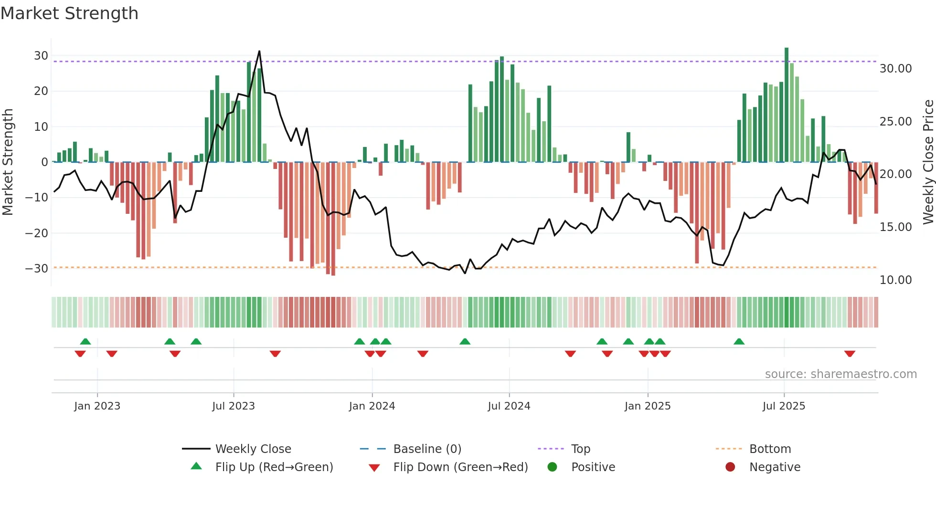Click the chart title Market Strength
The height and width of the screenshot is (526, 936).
coord(69,13)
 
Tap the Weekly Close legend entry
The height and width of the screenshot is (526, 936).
coord(253,449)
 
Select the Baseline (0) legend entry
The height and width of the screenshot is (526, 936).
coord(427,449)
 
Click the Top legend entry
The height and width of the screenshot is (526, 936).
coord(580,449)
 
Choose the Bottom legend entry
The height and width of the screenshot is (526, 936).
coord(770,449)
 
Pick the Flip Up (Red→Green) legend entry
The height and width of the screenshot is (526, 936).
coord(274,467)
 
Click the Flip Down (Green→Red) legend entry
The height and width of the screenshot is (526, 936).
coord(460,467)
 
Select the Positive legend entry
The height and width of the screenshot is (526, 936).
coord(593,467)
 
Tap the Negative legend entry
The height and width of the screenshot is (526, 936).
coord(775,467)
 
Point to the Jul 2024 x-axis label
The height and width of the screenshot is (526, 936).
coord(509,406)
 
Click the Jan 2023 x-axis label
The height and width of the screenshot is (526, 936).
coord(97,406)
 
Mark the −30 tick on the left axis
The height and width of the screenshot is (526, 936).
coord(37,269)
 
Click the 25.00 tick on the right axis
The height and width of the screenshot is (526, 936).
coord(895,122)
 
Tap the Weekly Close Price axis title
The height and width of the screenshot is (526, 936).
coord(928,162)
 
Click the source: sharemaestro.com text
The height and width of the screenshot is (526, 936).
coord(840,374)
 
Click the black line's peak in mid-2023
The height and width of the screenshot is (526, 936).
coord(259,51)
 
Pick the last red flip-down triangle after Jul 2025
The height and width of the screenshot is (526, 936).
coord(850,354)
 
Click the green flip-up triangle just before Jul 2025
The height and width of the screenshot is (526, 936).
coord(739,341)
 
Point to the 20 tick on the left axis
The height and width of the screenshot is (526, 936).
coord(41,91)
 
